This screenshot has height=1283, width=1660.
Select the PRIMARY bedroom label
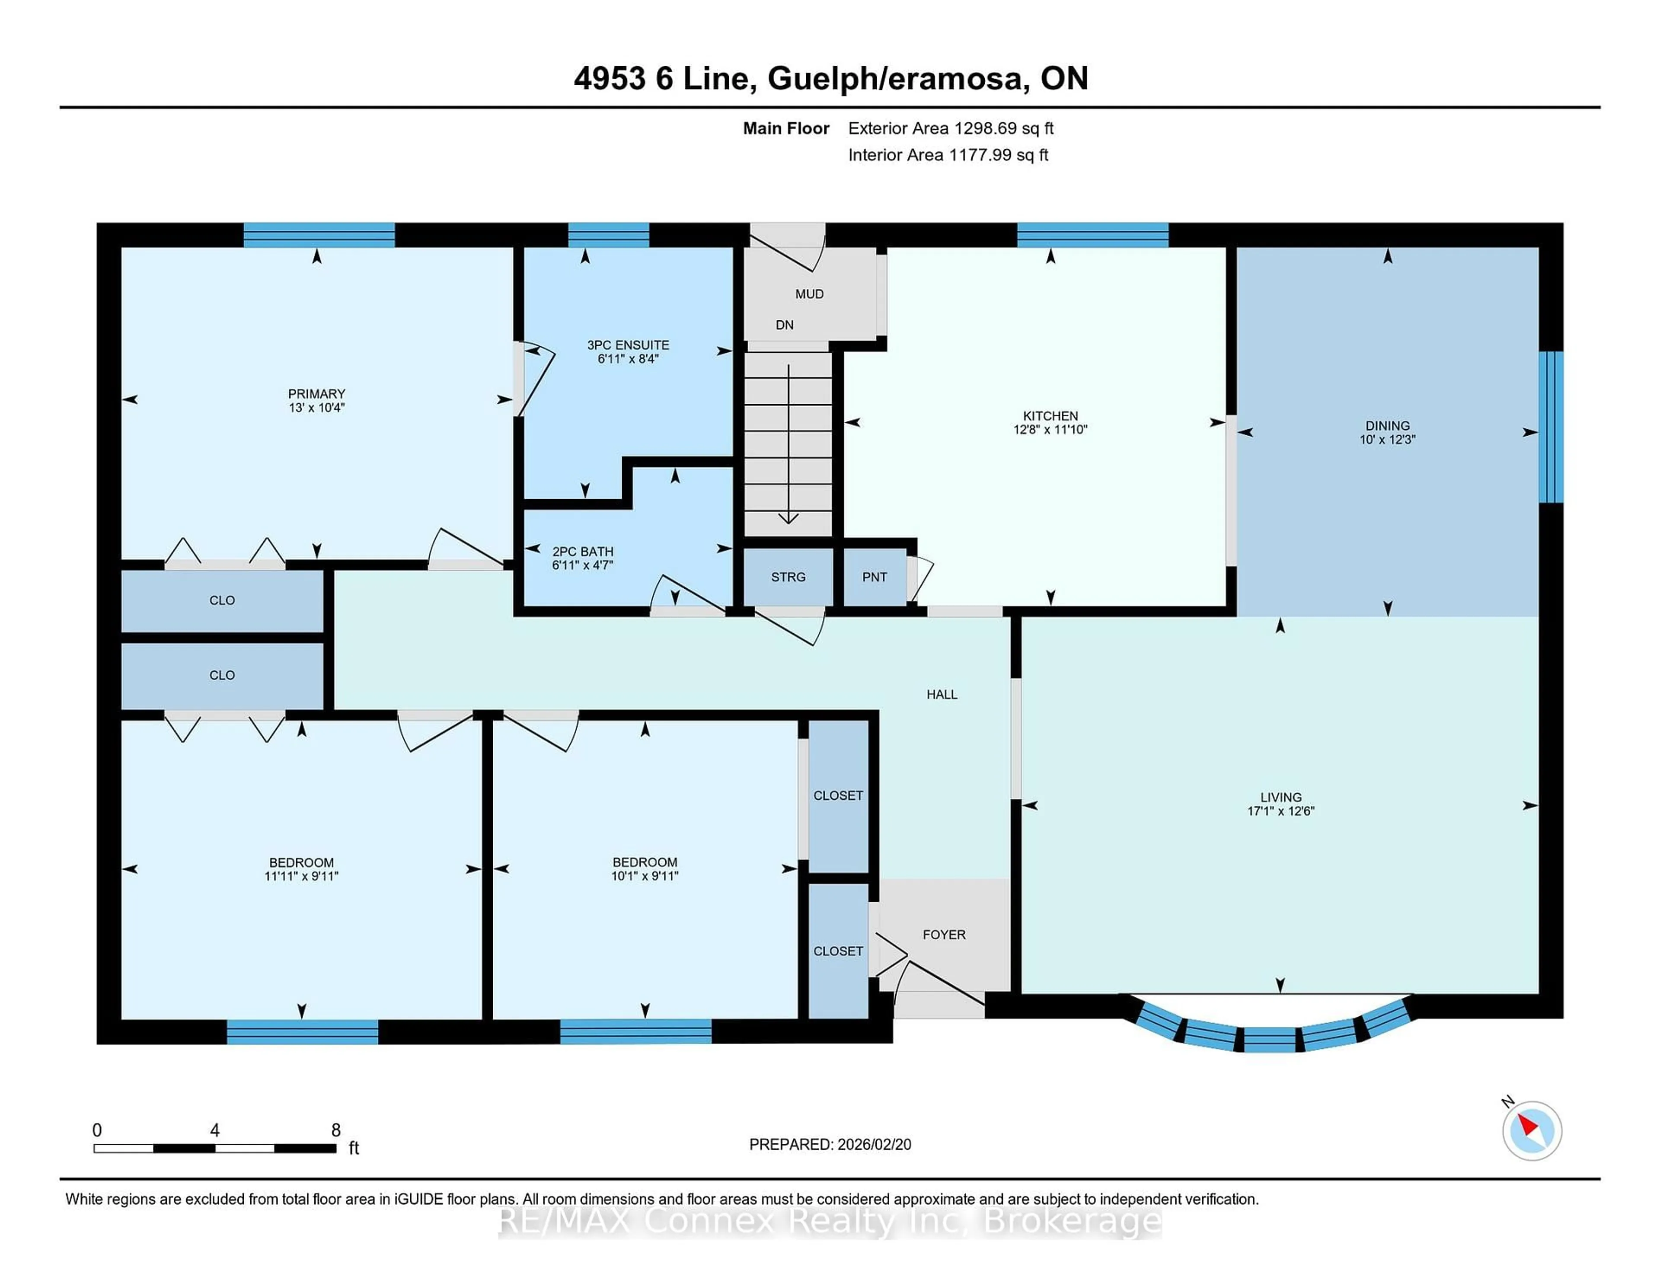coord(316,394)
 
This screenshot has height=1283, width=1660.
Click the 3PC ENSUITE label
coord(628,345)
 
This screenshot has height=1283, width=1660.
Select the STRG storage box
coord(788,577)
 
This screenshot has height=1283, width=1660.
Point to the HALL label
coord(941,694)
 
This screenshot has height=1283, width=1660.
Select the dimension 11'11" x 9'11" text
coord(301,876)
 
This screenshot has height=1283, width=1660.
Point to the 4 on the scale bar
coord(215,1130)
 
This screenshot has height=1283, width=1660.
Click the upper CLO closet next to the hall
coord(222,600)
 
